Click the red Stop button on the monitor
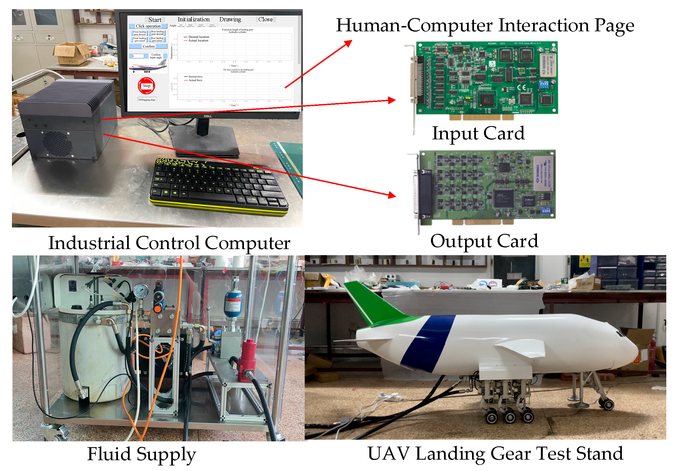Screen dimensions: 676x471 click(146, 86)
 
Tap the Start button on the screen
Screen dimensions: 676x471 click(155, 20)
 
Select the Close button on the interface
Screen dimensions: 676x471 click(265, 19)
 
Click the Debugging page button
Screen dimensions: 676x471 click(147, 100)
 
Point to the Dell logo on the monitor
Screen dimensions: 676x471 click(208, 116)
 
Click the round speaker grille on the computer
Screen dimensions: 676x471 click(57, 144)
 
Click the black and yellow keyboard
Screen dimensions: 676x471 click(218, 185)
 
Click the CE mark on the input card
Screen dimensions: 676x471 click(521, 87)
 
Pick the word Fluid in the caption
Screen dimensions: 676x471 click(109, 454)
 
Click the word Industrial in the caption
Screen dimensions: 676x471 click(89, 243)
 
